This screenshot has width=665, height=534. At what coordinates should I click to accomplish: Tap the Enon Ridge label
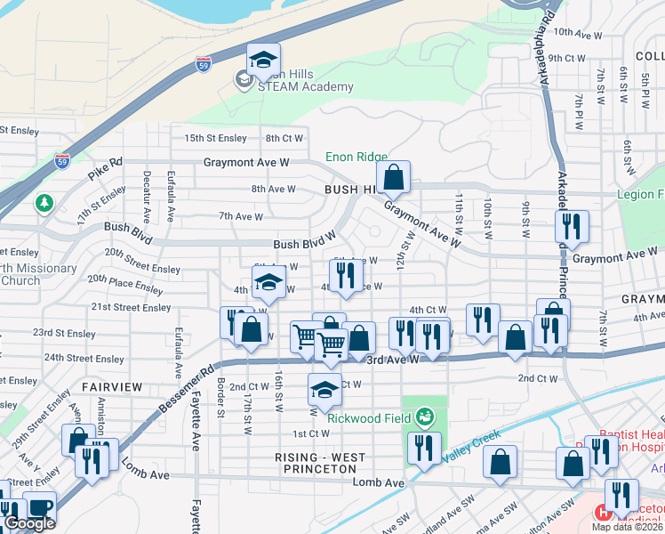tap(356, 157)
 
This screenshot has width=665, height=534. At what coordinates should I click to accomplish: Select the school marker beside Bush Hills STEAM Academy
tap(263, 60)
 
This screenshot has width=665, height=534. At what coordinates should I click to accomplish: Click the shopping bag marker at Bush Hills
tap(394, 177)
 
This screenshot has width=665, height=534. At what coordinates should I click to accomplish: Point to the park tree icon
tap(44, 205)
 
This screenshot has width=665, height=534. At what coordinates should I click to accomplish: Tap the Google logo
tap(29, 523)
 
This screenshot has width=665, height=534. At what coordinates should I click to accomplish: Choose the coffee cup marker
tap(39, 508)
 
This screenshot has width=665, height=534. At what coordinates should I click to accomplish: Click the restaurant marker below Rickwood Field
tap(424, 448)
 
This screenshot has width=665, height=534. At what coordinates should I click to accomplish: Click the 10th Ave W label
tap(574, 31)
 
